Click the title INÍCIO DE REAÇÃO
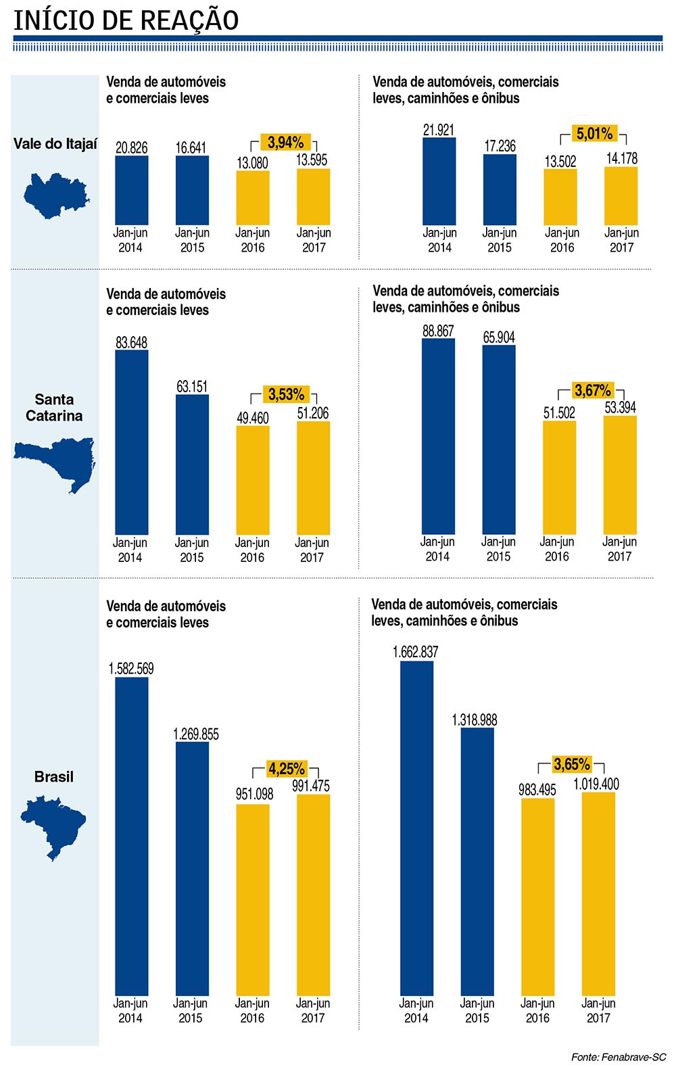click(126, 20)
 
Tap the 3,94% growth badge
click(285, 143)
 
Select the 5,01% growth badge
click(594, 134)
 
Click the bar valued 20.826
click(131, 190)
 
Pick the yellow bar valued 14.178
click(621, 195)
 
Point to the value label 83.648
click(131, 343)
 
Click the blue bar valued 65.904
click(499, 440)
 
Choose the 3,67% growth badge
click(592, 391)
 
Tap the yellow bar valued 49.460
click(253, 480)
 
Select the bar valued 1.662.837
click(416, 828)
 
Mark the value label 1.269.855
click(196, 734)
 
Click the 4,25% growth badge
click(287, 769)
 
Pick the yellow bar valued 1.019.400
click(598, 893)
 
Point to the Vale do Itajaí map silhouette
click(55, 195)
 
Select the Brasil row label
click(54, 777)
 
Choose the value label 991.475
click(311, 786)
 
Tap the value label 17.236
click(500, 146)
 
